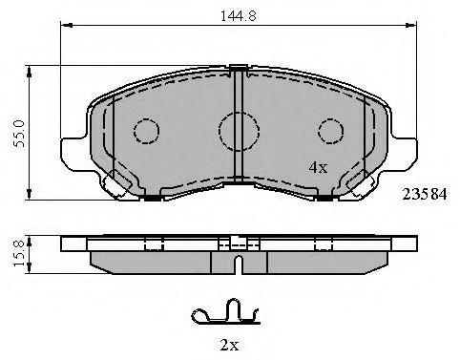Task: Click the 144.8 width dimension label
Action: click(239, 15)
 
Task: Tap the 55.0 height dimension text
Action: click(19, 134)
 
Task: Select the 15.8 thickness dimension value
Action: click(18, 254)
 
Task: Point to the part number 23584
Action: click(425, 194)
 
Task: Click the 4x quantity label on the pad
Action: click(318, 167)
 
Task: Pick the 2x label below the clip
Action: click(229, 345)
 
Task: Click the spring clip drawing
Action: click(226, 313)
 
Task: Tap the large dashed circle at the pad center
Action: click(239, 131)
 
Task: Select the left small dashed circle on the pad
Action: click(146, 131)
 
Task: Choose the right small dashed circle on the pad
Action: click(331, 131)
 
